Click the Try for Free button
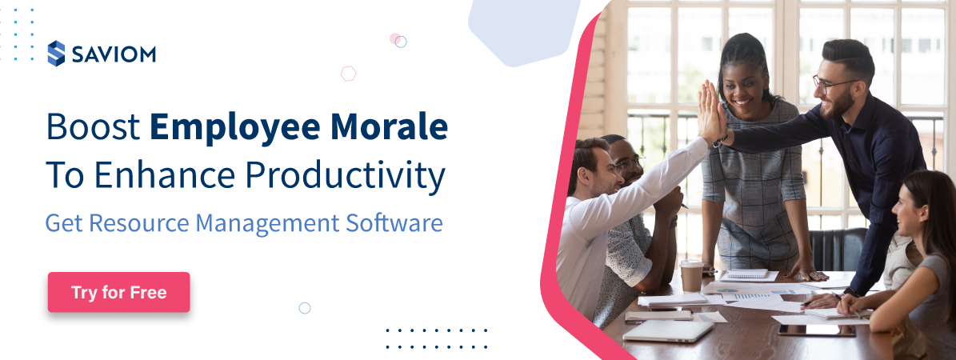pos(118,292)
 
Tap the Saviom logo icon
pos(56,54)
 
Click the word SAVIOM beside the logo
pos(113,54)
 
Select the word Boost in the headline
pos(93,128)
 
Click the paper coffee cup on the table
pos(691,274)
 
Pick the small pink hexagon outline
pos(348,74)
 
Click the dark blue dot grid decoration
pos(436,338)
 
